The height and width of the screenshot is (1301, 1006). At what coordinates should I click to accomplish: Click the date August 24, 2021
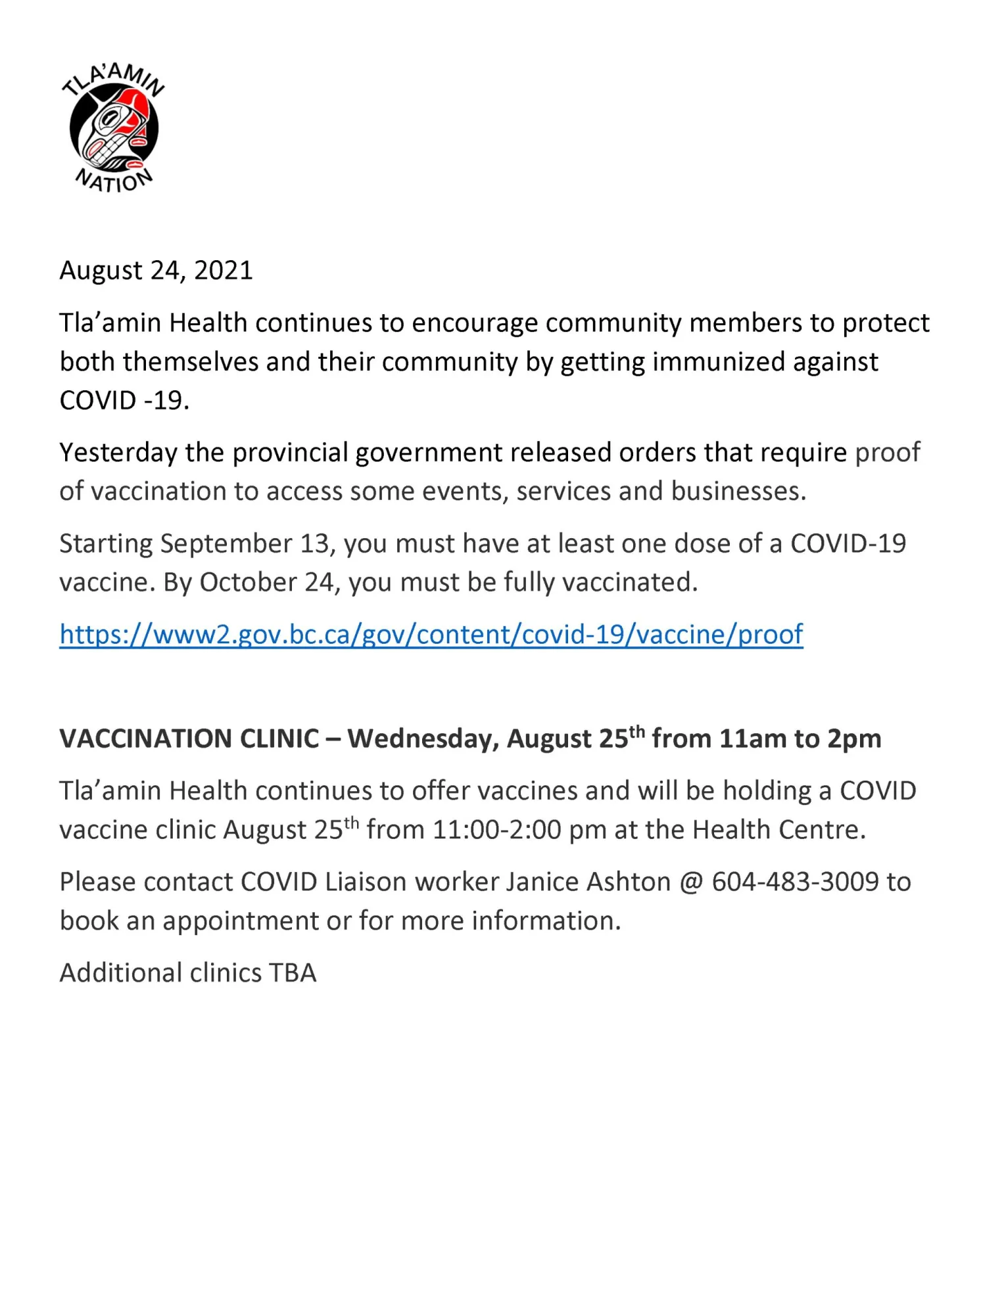pos(156,271)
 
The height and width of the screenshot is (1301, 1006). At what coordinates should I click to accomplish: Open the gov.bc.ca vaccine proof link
pos(431,635)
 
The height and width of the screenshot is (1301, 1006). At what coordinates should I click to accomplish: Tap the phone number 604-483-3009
pos(795,882)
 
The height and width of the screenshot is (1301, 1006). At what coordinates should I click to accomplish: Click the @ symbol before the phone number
pos(691,882)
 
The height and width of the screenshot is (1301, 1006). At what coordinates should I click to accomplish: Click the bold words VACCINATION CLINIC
pos(189,739)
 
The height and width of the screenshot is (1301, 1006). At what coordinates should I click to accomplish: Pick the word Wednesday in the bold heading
pos(423,739)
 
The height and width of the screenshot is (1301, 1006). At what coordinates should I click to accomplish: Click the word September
pos(226,544)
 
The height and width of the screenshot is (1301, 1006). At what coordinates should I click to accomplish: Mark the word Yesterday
pos(118,453)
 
